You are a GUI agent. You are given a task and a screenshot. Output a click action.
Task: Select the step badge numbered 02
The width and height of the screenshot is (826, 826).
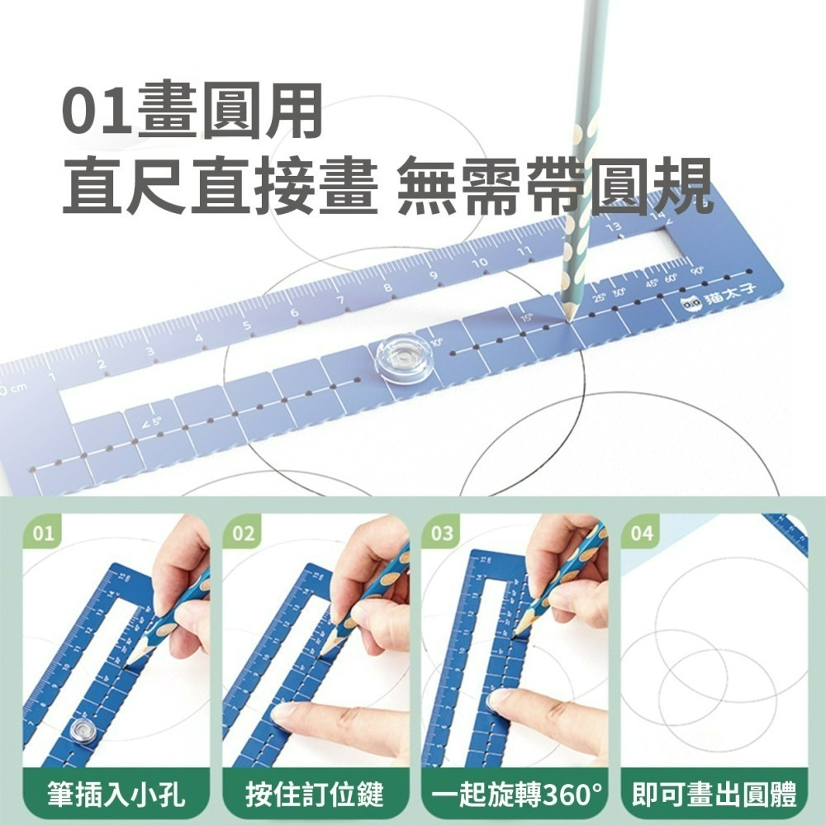tap(243, 534)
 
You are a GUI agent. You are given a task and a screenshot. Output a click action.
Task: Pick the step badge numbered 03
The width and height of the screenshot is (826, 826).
tap(443, 534)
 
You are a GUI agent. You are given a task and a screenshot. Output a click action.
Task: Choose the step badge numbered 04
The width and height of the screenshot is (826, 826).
tap(642, 534)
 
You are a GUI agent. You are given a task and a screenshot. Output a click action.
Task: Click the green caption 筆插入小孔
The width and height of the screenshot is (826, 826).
tap(116, 795)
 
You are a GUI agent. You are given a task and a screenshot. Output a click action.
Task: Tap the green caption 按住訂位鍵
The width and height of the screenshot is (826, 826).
tap(315, 795)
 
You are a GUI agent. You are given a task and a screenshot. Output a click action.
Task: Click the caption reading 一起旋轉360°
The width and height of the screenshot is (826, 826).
tap(515, 795)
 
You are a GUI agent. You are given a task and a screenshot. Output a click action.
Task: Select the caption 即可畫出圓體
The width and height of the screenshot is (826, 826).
tap(714, 795)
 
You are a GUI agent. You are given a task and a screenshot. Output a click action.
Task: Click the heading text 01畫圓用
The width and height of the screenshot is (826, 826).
tap(192, 115)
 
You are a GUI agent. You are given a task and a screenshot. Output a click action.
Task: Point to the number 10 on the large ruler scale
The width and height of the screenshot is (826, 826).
tap(479, 263)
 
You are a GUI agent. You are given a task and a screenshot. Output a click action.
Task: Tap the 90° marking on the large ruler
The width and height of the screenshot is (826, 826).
tap(697, 270)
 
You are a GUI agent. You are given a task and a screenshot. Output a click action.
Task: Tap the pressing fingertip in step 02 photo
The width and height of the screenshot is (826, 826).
tap(285, 712)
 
